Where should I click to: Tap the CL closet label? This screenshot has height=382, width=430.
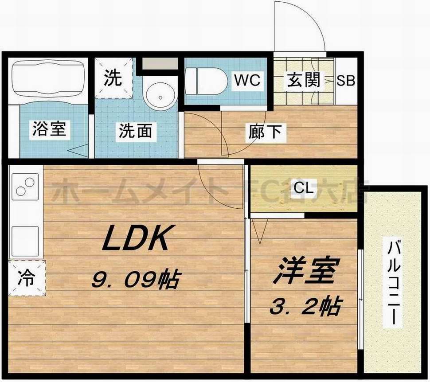(x=304, y=189)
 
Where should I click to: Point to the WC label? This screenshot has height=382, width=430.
(x=247, y=81)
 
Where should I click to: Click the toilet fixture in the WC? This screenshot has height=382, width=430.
(x=207, y=81)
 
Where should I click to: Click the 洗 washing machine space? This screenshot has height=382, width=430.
(x=114, y=78)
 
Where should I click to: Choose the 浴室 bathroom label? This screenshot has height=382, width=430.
(x=50, y=129)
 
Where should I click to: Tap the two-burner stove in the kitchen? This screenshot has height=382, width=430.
(x=25, y=186)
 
